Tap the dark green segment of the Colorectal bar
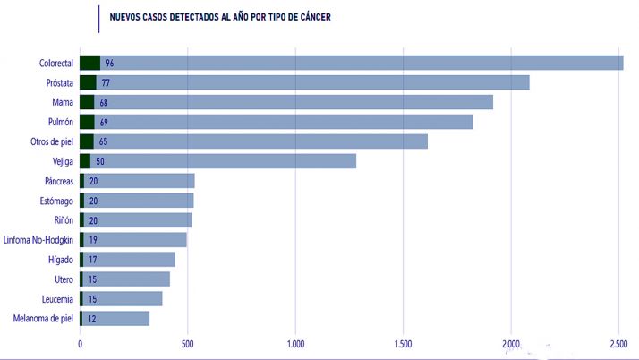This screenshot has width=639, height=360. [x=89, y=63]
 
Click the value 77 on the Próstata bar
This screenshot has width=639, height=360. [x=105, y=82]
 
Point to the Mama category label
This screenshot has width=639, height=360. [x=62, y=102]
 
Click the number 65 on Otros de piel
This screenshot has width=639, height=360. [x=104, y=141]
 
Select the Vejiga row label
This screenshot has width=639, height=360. [x=59, y=161]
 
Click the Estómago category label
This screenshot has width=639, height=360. [x=54, y=201]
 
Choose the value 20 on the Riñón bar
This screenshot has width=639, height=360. [x=93, y=220]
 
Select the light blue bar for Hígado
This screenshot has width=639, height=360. [x=134, y=260]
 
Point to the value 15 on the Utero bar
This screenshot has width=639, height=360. [x=92, y=279]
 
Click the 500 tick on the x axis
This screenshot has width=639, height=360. [x=187, y=343]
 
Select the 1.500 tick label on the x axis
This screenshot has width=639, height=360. [x=403, y=343]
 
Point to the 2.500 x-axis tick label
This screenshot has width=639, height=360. [x=619, y=343]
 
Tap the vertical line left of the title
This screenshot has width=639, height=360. [x=98, y=18]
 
